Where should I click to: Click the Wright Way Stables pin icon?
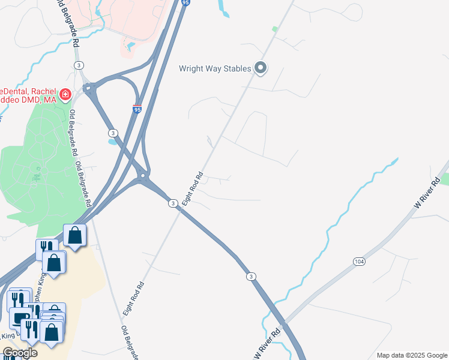[x=261, y=68]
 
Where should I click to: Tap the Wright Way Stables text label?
[x=215, y=68]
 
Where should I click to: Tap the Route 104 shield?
[x=359, y=262]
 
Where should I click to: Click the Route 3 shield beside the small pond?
[x=112, y=132]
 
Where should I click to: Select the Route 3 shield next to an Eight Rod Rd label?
[x=172, y=203]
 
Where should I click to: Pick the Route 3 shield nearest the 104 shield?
[x=251, y=276]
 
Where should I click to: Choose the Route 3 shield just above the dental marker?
[x=79, y=65]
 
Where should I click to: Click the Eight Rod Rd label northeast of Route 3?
[x=193, y=190]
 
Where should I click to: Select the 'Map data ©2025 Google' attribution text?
[x=412, y=355]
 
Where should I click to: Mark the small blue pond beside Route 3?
[x=112, y=142]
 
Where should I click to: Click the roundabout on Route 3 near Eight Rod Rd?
[x=143, y=176]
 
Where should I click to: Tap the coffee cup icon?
[x=22, y=318]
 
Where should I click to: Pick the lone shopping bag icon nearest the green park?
[x=75, y=235]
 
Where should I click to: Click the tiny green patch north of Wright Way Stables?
[x=275, y=29]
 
